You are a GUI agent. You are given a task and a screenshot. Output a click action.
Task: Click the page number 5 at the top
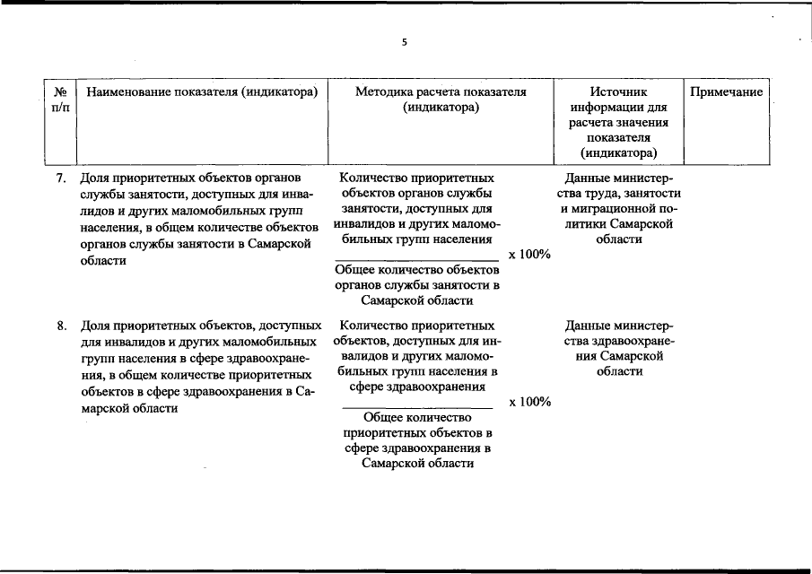point(405,42)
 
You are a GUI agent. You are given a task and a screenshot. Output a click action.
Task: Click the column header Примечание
point(727,92)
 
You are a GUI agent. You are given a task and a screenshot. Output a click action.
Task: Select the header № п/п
point(61,100)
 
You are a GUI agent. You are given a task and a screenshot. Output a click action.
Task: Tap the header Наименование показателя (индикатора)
point(201,92)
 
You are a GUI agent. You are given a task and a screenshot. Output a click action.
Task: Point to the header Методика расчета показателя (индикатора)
point(441,100)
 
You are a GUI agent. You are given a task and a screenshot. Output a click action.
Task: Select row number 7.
point(61,178)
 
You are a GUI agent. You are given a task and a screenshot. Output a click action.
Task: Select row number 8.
point(61,326)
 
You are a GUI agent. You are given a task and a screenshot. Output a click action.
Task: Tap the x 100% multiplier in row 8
point(529,402)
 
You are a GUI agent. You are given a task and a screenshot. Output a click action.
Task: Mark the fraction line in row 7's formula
point(415,260)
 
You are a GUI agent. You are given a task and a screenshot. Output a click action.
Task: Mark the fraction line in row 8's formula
point(419,408)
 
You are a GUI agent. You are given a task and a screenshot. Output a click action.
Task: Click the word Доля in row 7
point(94,178)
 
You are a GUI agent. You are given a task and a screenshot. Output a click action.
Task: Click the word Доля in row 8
point(94,326)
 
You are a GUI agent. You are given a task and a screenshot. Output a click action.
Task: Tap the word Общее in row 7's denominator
point(354,270)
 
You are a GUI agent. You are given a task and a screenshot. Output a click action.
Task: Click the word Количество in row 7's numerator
point(371,178)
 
